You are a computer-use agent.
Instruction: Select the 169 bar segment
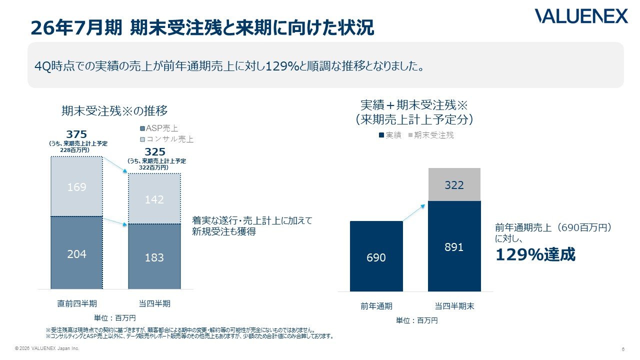(76, 186)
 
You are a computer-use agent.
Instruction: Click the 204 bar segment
(76, 252)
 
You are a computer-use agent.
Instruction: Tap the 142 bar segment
(154, 198)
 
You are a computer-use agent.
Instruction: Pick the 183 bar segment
(154, 256)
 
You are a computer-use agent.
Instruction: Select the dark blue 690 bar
(376, 256)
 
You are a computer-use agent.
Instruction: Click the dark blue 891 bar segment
(454, 246)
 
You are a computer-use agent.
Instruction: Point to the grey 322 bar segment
(454, 184)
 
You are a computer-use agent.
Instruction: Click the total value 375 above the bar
(76, 134)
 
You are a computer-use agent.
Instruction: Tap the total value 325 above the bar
(155, 151)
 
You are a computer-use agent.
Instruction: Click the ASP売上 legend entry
(159, 128)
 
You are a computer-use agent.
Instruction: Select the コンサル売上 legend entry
(166, 139)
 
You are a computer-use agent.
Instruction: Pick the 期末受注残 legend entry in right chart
(431, 135)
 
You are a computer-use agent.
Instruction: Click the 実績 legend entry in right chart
(390, 135)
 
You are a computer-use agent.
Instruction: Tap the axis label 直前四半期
(77, 303)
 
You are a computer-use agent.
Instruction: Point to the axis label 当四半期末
(454, 306)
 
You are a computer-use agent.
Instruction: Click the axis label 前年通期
(376, 306)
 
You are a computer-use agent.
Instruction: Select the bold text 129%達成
(535, 254)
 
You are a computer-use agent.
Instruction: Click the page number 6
(623, 349)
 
